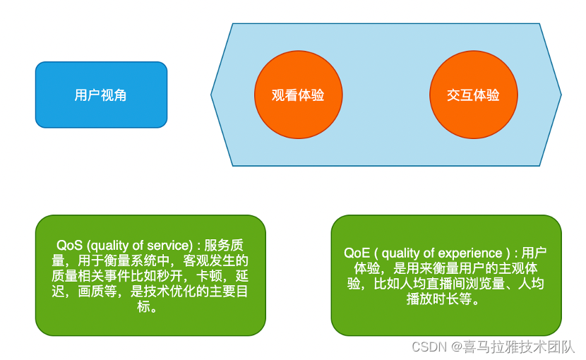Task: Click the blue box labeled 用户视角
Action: coord(101,95)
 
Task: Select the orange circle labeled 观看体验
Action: coord(298,95)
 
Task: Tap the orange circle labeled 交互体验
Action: coord(473,95)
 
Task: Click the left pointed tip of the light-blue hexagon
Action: coord(212,95)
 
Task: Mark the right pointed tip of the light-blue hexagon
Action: coord(561,95)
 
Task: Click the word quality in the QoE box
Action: coord(408,253)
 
